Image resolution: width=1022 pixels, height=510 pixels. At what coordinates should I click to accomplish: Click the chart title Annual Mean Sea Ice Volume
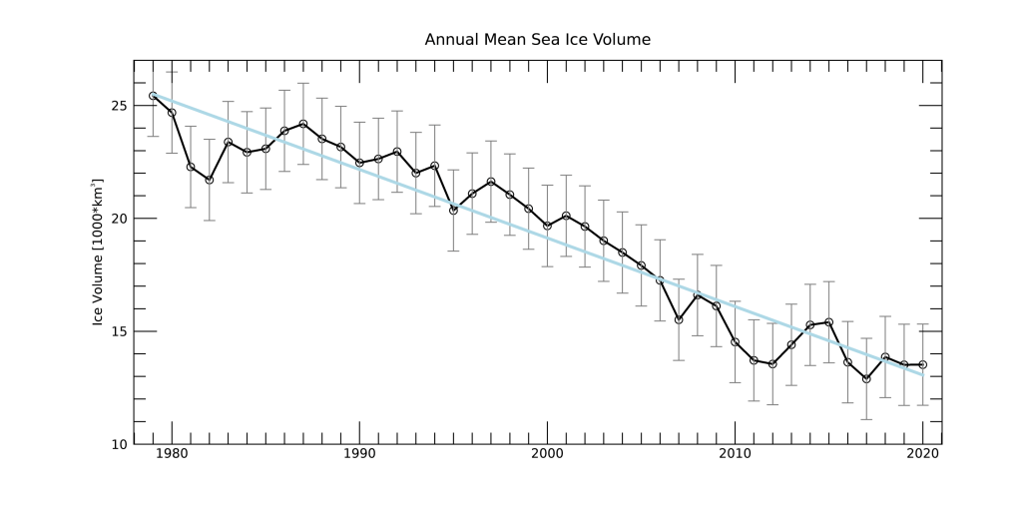[x=537, y=41]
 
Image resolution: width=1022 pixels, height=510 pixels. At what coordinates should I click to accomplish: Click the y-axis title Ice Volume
[x=98, y=253]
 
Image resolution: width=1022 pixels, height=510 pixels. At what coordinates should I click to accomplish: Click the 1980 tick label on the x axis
[x=172, y=456]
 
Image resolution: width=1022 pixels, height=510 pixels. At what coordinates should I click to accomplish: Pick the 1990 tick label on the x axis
[x=359, y=456]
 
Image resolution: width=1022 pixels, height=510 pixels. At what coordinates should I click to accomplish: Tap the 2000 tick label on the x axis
[x=547, y=456]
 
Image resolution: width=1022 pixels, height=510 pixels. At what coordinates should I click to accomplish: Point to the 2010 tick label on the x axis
[x=735, y=456]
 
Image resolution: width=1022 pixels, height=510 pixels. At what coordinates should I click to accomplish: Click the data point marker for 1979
[x=153, y=96]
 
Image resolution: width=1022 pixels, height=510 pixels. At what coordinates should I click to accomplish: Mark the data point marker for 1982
[x=209, y=180]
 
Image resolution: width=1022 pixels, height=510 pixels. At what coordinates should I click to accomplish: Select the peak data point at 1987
[x=303, y=124]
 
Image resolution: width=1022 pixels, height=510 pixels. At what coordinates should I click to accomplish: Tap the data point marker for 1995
[x=453, y=210]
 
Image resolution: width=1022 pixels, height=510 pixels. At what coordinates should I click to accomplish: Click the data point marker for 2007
[x=679, y=319]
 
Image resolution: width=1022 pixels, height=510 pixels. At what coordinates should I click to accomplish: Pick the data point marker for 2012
[x=772, y=363]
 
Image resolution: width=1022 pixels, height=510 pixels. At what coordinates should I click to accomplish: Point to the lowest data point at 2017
[x=866, y=378]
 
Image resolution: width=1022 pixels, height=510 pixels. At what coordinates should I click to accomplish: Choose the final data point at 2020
[x=922, y=364]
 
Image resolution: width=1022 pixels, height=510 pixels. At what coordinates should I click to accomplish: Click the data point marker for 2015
[x=828, y=322]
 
